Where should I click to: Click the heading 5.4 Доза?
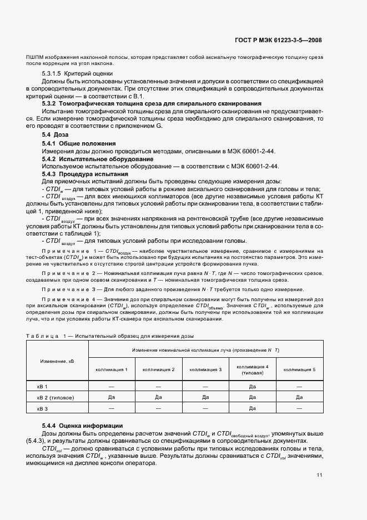click(x=55, y=135)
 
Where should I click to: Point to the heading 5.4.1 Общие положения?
click(x=78, y=143)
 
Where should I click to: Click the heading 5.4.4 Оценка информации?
click(x=82, y=426)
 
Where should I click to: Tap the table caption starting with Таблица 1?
click(x=110, y=335)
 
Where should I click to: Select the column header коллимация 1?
click(x=112, y=369)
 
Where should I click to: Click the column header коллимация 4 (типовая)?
click(x=252, y=369)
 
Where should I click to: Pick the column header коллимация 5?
click(x=299, y=369)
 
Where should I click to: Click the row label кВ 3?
click(x=43, y=408)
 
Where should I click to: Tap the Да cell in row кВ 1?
click(x=252, y=386)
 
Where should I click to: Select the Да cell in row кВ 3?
click(x=252, y=408)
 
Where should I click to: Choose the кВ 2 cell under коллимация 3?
click(x=205, y=397)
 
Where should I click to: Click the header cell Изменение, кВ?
click(x=57, y=361)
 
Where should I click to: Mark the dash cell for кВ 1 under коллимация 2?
click(x=158, y=386)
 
